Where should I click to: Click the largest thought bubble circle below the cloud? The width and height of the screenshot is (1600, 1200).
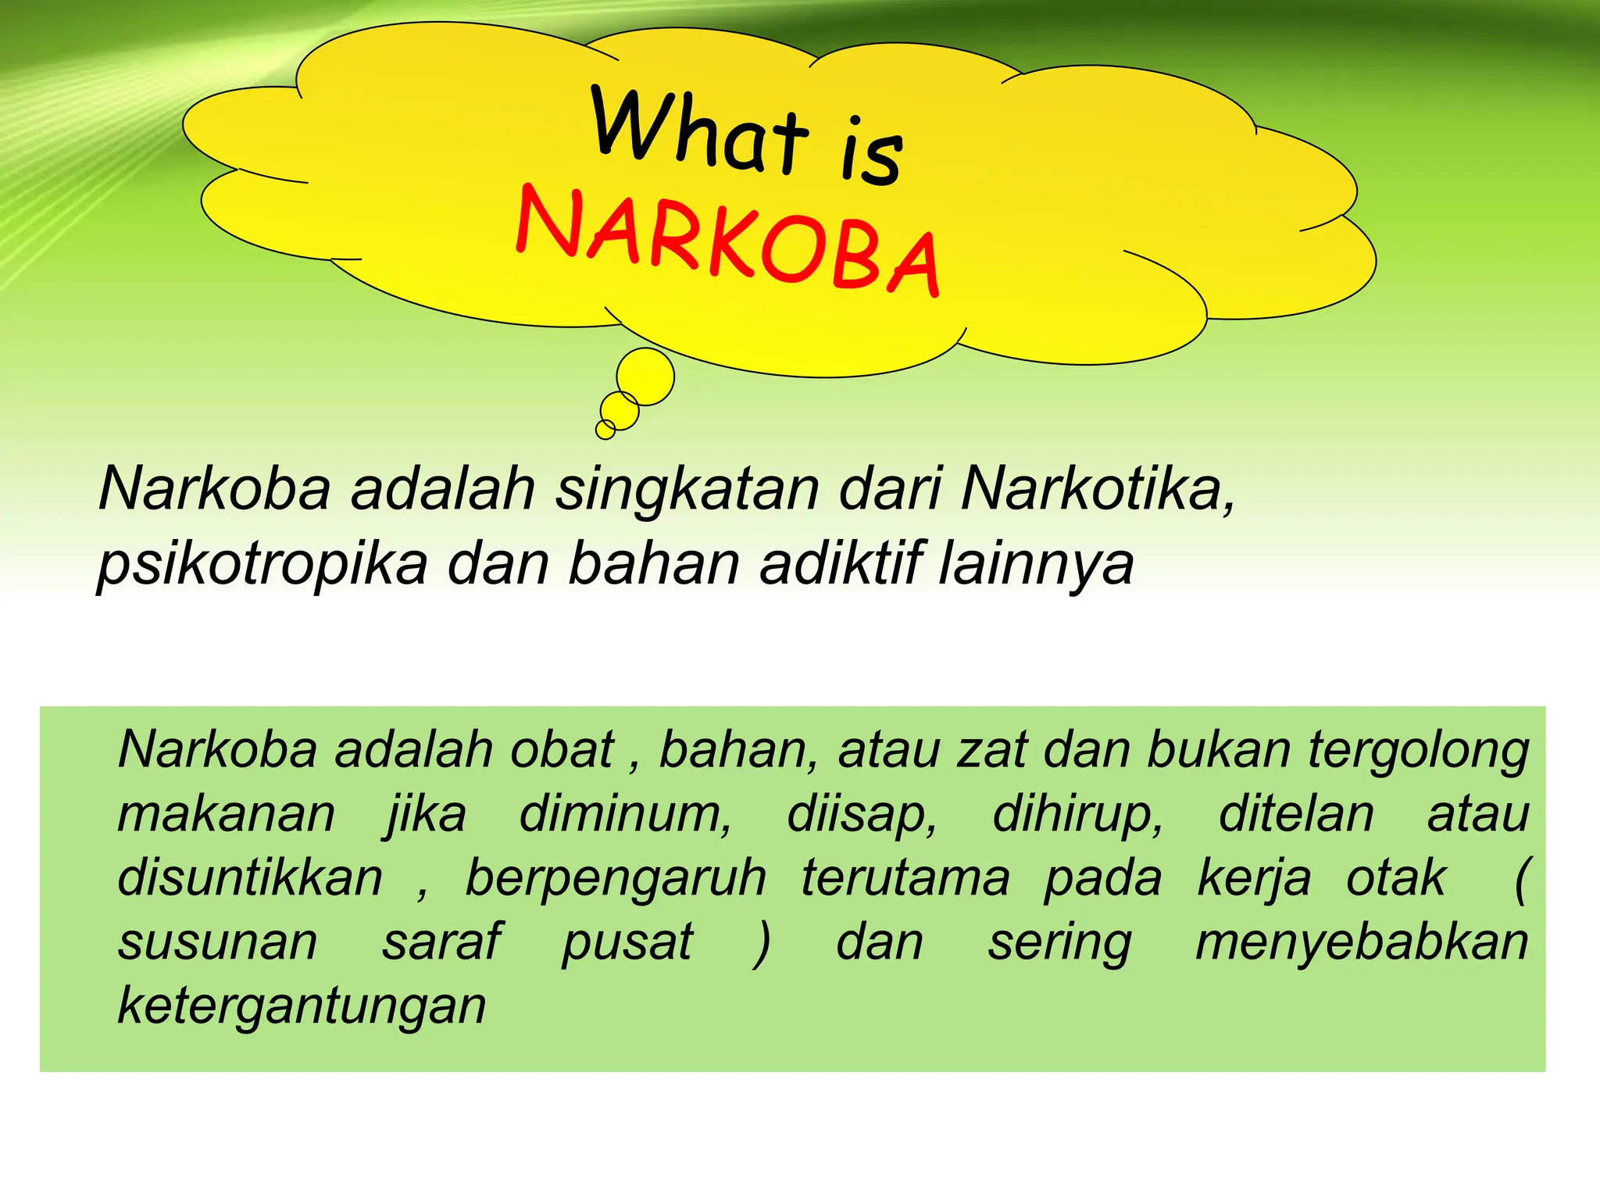click(x=645, y=377)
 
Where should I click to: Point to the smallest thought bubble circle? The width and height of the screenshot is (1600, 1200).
click(x=605, y=429)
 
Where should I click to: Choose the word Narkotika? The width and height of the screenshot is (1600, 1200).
click(x=1098, y=490)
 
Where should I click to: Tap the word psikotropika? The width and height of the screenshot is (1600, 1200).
click(x=262, y=564)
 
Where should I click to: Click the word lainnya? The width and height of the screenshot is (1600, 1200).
click(x=1036, y=564)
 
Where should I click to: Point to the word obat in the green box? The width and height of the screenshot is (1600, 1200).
click(x=562, y=750)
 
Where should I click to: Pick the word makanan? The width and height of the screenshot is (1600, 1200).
click(x=227, y=814)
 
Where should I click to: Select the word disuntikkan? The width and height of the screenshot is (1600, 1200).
click(x=251, y=878)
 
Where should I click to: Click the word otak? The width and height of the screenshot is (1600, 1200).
click(x=1396, y=878)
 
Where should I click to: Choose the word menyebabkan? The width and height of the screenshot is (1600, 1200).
click(x=1362, y=942)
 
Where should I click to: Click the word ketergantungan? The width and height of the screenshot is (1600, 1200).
click(x=302, y=1006)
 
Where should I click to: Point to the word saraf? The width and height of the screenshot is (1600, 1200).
click(x=441, y=942)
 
